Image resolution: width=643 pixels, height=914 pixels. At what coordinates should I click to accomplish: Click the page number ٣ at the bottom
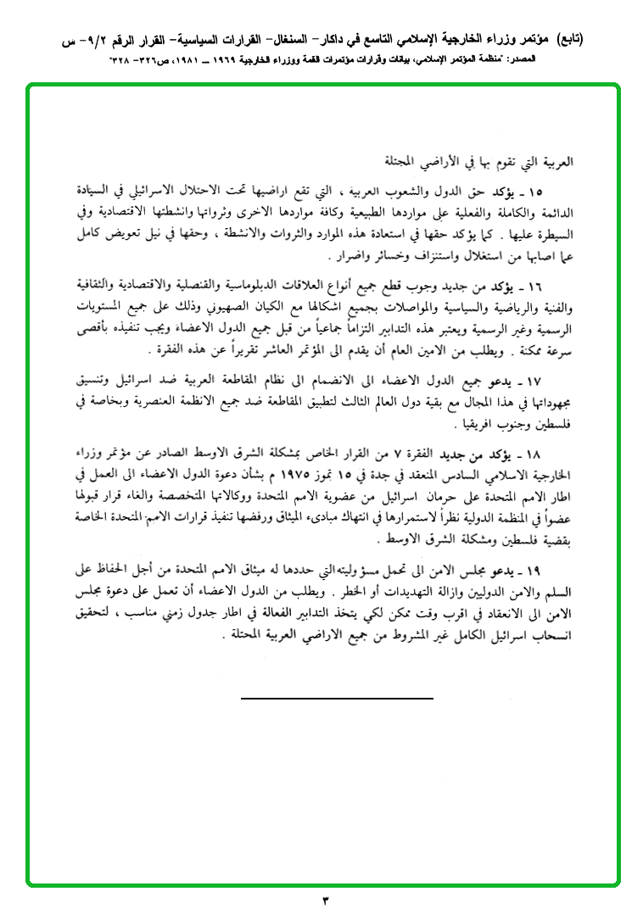(x=325, y=899)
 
